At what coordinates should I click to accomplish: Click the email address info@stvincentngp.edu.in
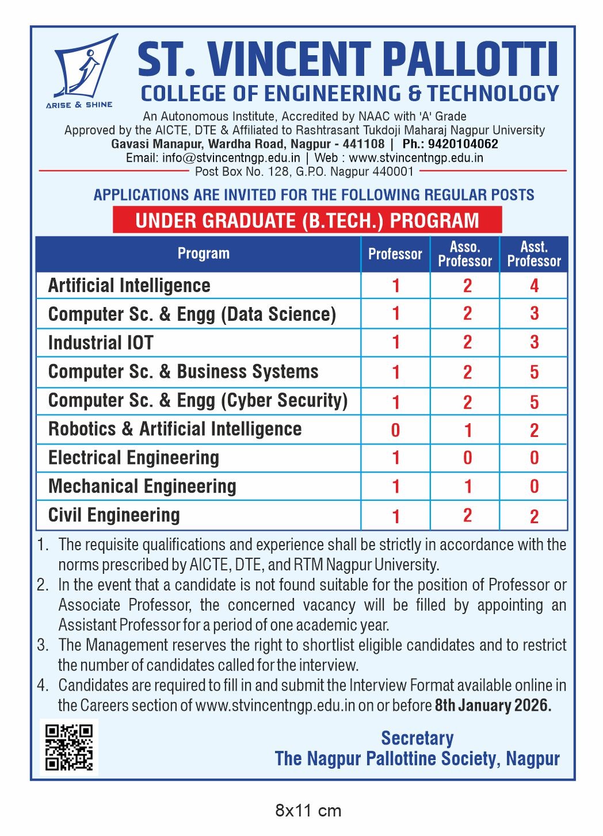coord(231,158)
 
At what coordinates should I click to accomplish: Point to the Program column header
coord(203,254)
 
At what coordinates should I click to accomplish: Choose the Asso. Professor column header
coord(465,254)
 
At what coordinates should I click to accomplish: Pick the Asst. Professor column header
coord(534,254)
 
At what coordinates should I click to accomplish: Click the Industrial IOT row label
coord(101,343)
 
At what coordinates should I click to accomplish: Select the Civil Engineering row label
coord(114,515)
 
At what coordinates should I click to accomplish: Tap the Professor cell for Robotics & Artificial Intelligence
coord(395,430)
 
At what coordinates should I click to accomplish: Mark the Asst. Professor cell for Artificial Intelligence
coord(534,286)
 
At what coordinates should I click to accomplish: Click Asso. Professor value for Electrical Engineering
coord(467,458)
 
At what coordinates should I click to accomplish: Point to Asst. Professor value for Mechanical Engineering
coord(534,487)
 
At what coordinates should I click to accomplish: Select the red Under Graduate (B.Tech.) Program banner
coord(307,220)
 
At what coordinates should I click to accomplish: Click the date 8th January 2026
coord(493,705)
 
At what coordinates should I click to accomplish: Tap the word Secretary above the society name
coord(417,738)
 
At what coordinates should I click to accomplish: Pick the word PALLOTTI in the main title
coord(470,59)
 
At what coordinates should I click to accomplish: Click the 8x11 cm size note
coord(308,811)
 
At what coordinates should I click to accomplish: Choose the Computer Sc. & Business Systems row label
coord(183,371)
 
